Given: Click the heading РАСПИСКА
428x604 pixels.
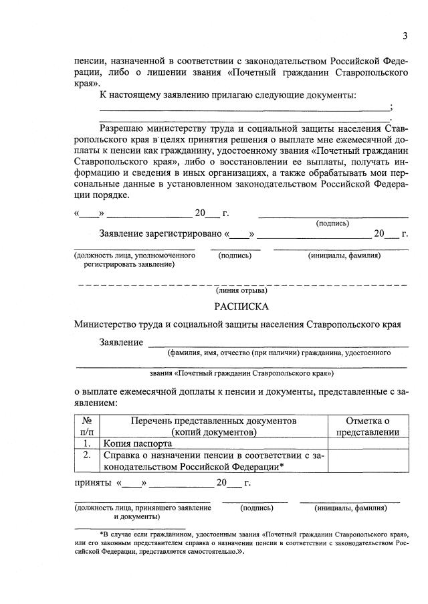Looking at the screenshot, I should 241,306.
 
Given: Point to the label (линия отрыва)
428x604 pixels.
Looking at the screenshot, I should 241,290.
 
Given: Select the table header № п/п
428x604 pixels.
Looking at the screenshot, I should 87,426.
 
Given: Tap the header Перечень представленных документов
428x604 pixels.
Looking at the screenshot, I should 213,426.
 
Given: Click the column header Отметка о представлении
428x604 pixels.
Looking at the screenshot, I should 367,426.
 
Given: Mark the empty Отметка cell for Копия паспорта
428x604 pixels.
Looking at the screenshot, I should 367,443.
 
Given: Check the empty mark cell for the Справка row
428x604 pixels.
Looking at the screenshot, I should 367,461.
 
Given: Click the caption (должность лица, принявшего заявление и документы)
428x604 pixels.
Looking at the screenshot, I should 142,512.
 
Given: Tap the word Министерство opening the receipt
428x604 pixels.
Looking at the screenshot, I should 108,324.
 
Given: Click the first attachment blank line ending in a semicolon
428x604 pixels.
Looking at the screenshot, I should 244,108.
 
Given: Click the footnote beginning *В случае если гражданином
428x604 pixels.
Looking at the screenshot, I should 241,544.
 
